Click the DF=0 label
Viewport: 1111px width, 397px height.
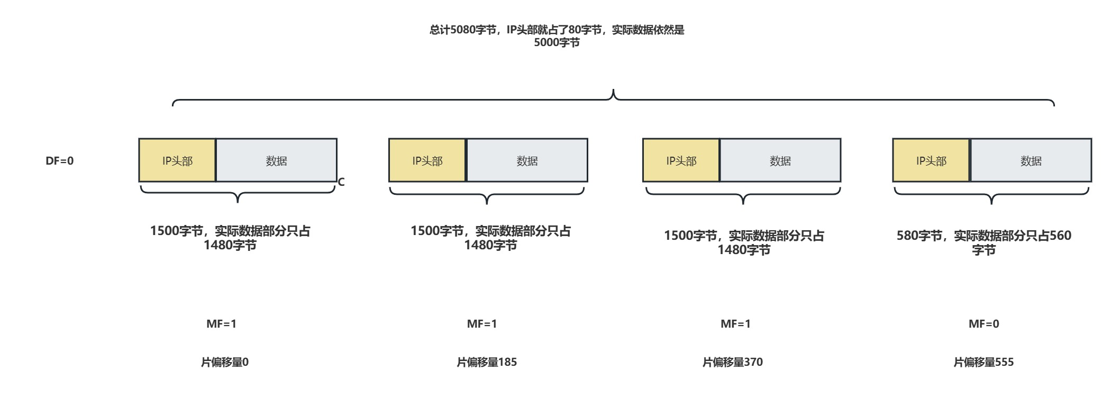(x=60, y=161)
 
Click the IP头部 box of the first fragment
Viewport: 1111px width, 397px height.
(x=177, y=161)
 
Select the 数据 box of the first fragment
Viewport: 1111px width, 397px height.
(x=276, y=161)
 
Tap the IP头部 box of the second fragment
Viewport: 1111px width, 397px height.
(x=427, y=161)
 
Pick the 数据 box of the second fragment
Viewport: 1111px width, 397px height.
(x=527, y=161)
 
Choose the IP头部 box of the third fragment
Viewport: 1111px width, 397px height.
(x=681, y=161)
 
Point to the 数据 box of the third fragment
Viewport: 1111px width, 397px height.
(x=780, y=161)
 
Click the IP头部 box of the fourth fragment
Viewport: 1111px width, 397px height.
(x=931, y=161)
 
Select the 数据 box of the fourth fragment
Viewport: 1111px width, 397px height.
(x=1031, y=161)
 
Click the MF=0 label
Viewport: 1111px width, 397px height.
(x=983, y=324)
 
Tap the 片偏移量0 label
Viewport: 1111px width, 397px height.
(x=225, y=362)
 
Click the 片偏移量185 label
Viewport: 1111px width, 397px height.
(x=487, y=362)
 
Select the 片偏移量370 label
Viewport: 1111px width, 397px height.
(x=732, y=362)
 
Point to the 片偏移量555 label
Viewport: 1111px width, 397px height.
(x=983, y=362)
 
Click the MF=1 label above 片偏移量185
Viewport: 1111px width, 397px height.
(x=482, y=324)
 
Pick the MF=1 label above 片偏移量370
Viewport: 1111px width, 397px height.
(x=735, y=324)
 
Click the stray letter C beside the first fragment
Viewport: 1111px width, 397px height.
(x=341, y=183)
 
